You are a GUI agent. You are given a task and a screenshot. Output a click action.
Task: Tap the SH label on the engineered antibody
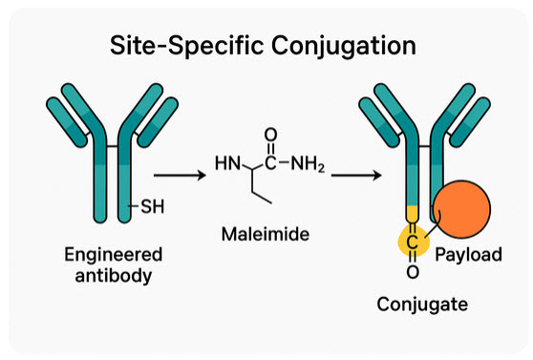click(153, 203)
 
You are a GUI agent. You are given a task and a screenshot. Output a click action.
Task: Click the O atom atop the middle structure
click(270, 135)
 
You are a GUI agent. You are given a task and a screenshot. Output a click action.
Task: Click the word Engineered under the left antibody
click(113, 255)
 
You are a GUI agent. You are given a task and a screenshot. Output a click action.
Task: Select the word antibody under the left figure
click(113, 276)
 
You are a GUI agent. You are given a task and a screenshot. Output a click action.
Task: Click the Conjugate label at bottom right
click(421, 305)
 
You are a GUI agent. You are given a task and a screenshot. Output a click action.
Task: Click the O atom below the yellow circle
click(413, 273)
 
